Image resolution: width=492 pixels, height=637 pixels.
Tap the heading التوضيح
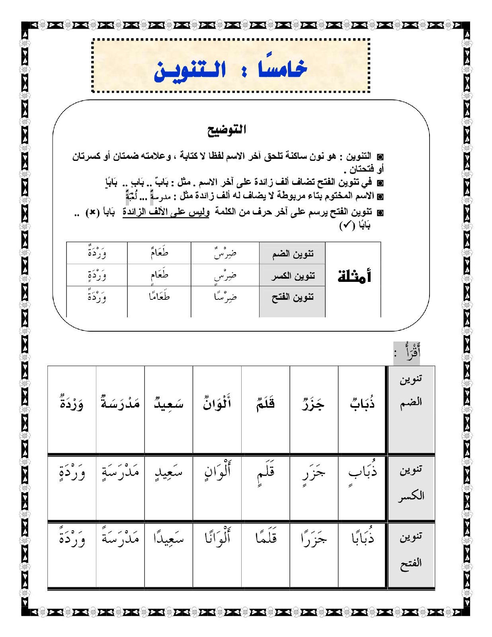[x=226, y=130]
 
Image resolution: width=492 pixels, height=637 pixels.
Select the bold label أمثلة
[x=354, y=276]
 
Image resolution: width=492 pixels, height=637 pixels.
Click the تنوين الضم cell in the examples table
[x=293, y=254]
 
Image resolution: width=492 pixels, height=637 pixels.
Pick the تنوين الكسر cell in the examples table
[x=293, y=276]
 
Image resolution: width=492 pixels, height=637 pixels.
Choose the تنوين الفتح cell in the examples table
[x=293, y=297]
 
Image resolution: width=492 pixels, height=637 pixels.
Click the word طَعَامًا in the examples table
[x=159, y=297]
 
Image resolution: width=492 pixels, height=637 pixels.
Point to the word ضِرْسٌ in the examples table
[x=225, y=254]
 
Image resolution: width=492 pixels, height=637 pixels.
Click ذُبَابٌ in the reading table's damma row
[x=362, y=403]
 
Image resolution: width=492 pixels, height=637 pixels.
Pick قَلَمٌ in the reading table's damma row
[x=266, y=403]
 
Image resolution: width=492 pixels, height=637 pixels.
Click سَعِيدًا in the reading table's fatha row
[x=169, y=538]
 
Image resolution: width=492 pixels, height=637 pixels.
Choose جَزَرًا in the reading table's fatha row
[x=314, y=538]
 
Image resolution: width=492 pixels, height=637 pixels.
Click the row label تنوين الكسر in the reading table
[x=411, y=483]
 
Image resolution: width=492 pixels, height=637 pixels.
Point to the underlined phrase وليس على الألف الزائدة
[x=166, y=212]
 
